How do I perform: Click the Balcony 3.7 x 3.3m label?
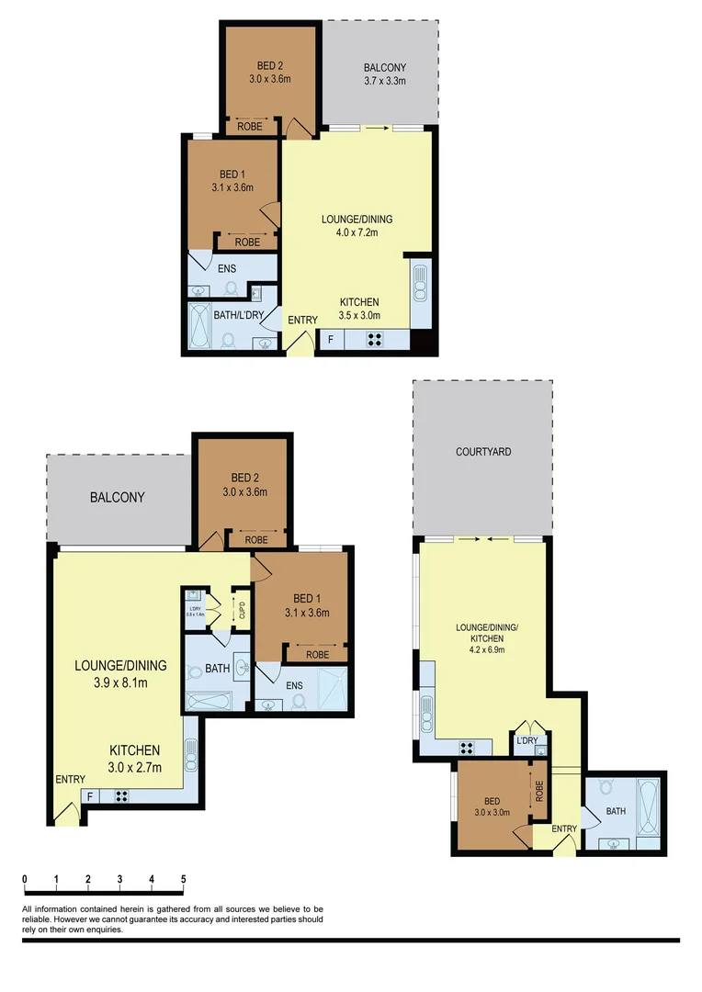tap(384, 74)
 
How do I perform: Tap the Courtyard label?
tap(483, 452)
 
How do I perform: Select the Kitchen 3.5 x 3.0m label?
tap(359, 309)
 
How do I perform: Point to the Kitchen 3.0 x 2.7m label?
tap(135, 758)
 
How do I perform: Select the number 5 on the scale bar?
tap(184, 879)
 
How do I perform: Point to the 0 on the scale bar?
tap(25, 879)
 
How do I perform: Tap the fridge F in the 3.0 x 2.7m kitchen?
tap(90, 796)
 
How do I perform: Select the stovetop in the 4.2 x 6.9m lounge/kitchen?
tap(466, 747)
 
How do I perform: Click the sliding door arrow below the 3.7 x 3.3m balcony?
tap(377, 130)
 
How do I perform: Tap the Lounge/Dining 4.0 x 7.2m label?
tap(357, 225)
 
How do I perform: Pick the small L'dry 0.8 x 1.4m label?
tap(194, 611)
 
